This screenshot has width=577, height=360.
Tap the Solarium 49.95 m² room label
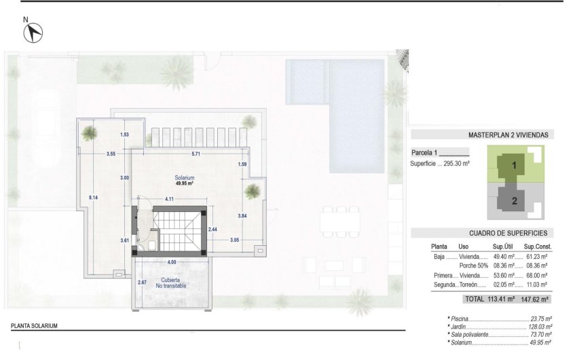185,180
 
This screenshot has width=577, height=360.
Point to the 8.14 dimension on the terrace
93,197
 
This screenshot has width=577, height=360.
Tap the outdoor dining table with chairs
340,220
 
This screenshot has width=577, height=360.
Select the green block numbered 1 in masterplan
515,165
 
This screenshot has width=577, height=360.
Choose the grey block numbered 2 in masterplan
515,200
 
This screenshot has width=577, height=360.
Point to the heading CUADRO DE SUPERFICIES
508,233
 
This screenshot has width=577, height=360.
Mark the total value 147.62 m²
534,299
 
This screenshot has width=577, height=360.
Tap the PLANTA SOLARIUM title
34,326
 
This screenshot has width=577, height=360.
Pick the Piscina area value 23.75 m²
540,319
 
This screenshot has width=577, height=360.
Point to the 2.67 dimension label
143,282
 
